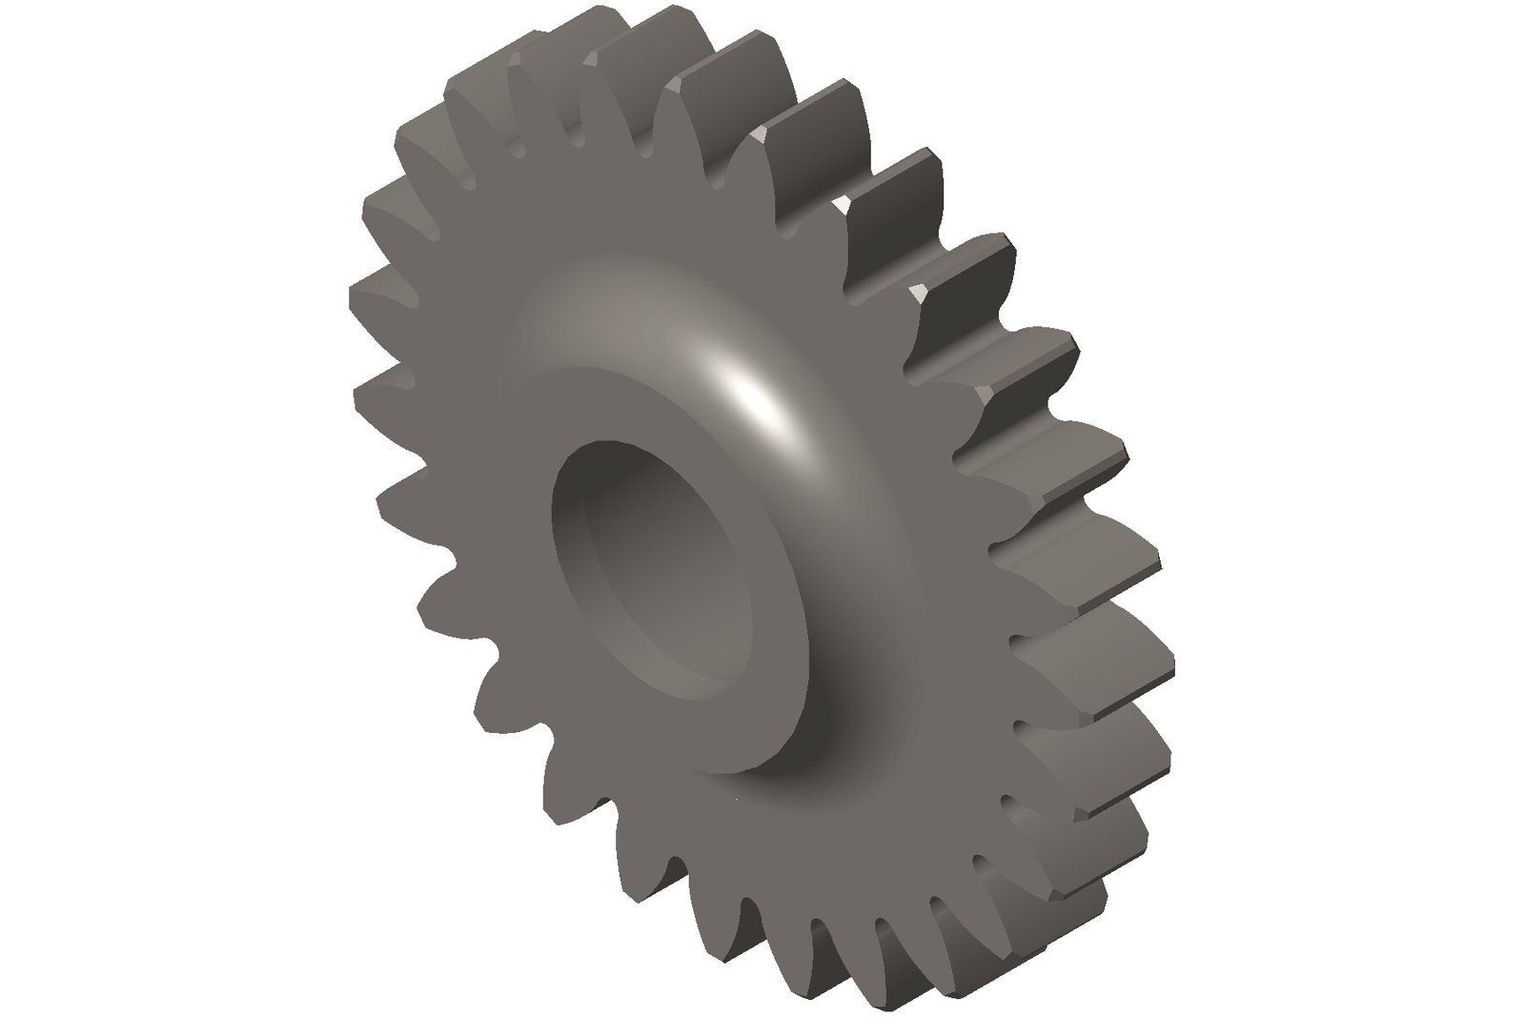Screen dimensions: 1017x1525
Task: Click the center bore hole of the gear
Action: point(658,572)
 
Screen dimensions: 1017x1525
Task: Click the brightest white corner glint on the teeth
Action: point(841,203)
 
